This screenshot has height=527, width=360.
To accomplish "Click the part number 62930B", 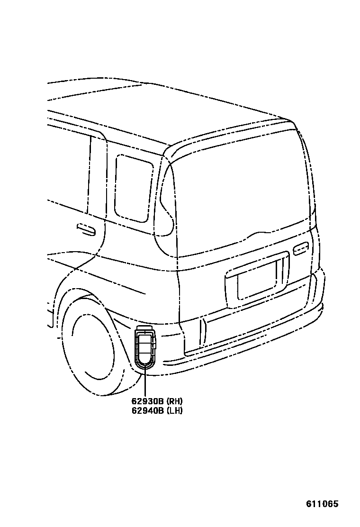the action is [148, 401].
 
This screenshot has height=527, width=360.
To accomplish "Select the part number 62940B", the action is [148, 410].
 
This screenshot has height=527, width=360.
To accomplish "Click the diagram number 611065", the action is [323, 504].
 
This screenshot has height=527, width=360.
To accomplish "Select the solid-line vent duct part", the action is [145, 349].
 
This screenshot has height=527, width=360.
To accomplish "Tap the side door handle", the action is [86, 229].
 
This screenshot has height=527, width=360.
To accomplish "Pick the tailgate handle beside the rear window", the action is [301, 248].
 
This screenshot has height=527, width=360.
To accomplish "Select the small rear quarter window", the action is [134, 188].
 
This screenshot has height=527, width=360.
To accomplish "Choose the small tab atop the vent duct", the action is [144, 328].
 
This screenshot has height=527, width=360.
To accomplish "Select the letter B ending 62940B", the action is [161, 410].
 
